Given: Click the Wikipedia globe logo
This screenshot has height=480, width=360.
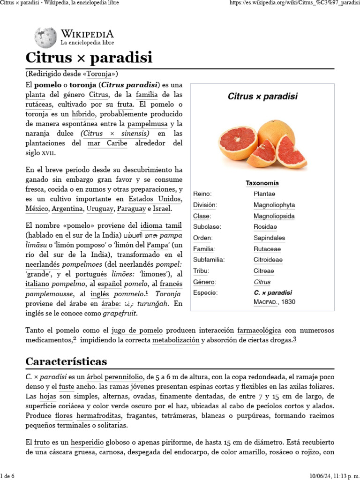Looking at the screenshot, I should [45, 37].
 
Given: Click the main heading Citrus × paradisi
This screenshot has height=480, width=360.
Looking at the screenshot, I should [89, 58].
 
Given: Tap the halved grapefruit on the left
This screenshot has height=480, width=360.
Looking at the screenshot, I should [237, 143].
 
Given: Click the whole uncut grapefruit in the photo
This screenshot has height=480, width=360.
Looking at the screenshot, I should [276, 131].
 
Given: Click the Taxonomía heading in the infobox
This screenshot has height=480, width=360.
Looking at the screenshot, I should [262, 183].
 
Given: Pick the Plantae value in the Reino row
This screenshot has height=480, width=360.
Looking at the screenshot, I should [264, 194].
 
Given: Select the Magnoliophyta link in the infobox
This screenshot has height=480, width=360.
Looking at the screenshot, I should [274, 205].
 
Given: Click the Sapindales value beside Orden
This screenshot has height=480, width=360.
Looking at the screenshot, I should [269, 238].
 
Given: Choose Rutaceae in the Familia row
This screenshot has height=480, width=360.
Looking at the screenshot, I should [267, 249].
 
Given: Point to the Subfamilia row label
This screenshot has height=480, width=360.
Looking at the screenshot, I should [209, 260].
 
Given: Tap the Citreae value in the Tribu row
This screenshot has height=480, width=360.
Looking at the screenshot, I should [264, 271].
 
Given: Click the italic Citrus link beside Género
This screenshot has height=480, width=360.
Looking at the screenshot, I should [262, 282].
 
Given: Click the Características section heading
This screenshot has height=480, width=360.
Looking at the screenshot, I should [66, 361].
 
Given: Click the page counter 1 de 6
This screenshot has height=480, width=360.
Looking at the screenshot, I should [7, 476].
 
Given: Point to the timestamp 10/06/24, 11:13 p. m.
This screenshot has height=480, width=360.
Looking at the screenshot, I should [335, 476].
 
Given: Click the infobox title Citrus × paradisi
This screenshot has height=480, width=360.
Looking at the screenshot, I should [262, 97].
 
